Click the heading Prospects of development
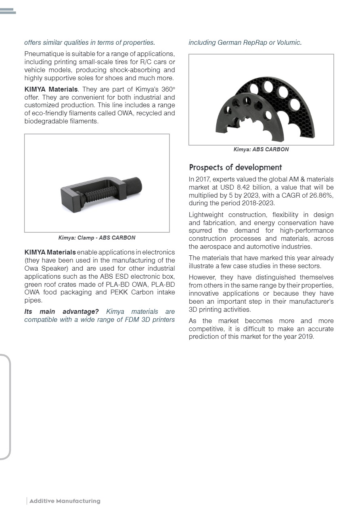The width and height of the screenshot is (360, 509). [x=235, y=167]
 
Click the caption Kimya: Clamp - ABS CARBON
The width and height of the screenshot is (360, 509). [x=97, y=238]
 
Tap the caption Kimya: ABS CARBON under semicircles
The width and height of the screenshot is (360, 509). [x=261, y=149]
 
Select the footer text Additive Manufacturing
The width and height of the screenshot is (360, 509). [x=65, y=501]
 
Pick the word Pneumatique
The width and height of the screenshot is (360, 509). [x=42, y=54]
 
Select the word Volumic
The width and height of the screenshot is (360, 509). [x=289, y=42]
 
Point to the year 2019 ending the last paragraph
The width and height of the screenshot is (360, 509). [x=306, y=337]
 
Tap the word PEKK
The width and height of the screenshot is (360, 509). [x=120, y=292]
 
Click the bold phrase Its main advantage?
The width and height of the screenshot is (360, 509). [x=61, y=312]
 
